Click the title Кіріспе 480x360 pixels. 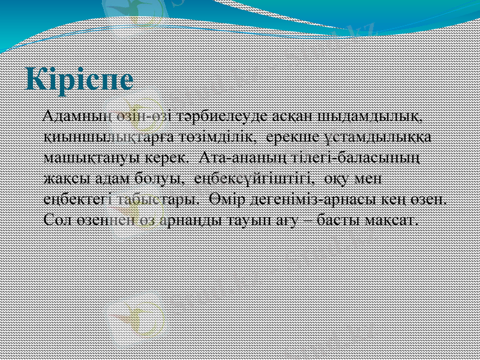click(x=80, y=80)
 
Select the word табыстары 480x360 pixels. click(x=154, y=200)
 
